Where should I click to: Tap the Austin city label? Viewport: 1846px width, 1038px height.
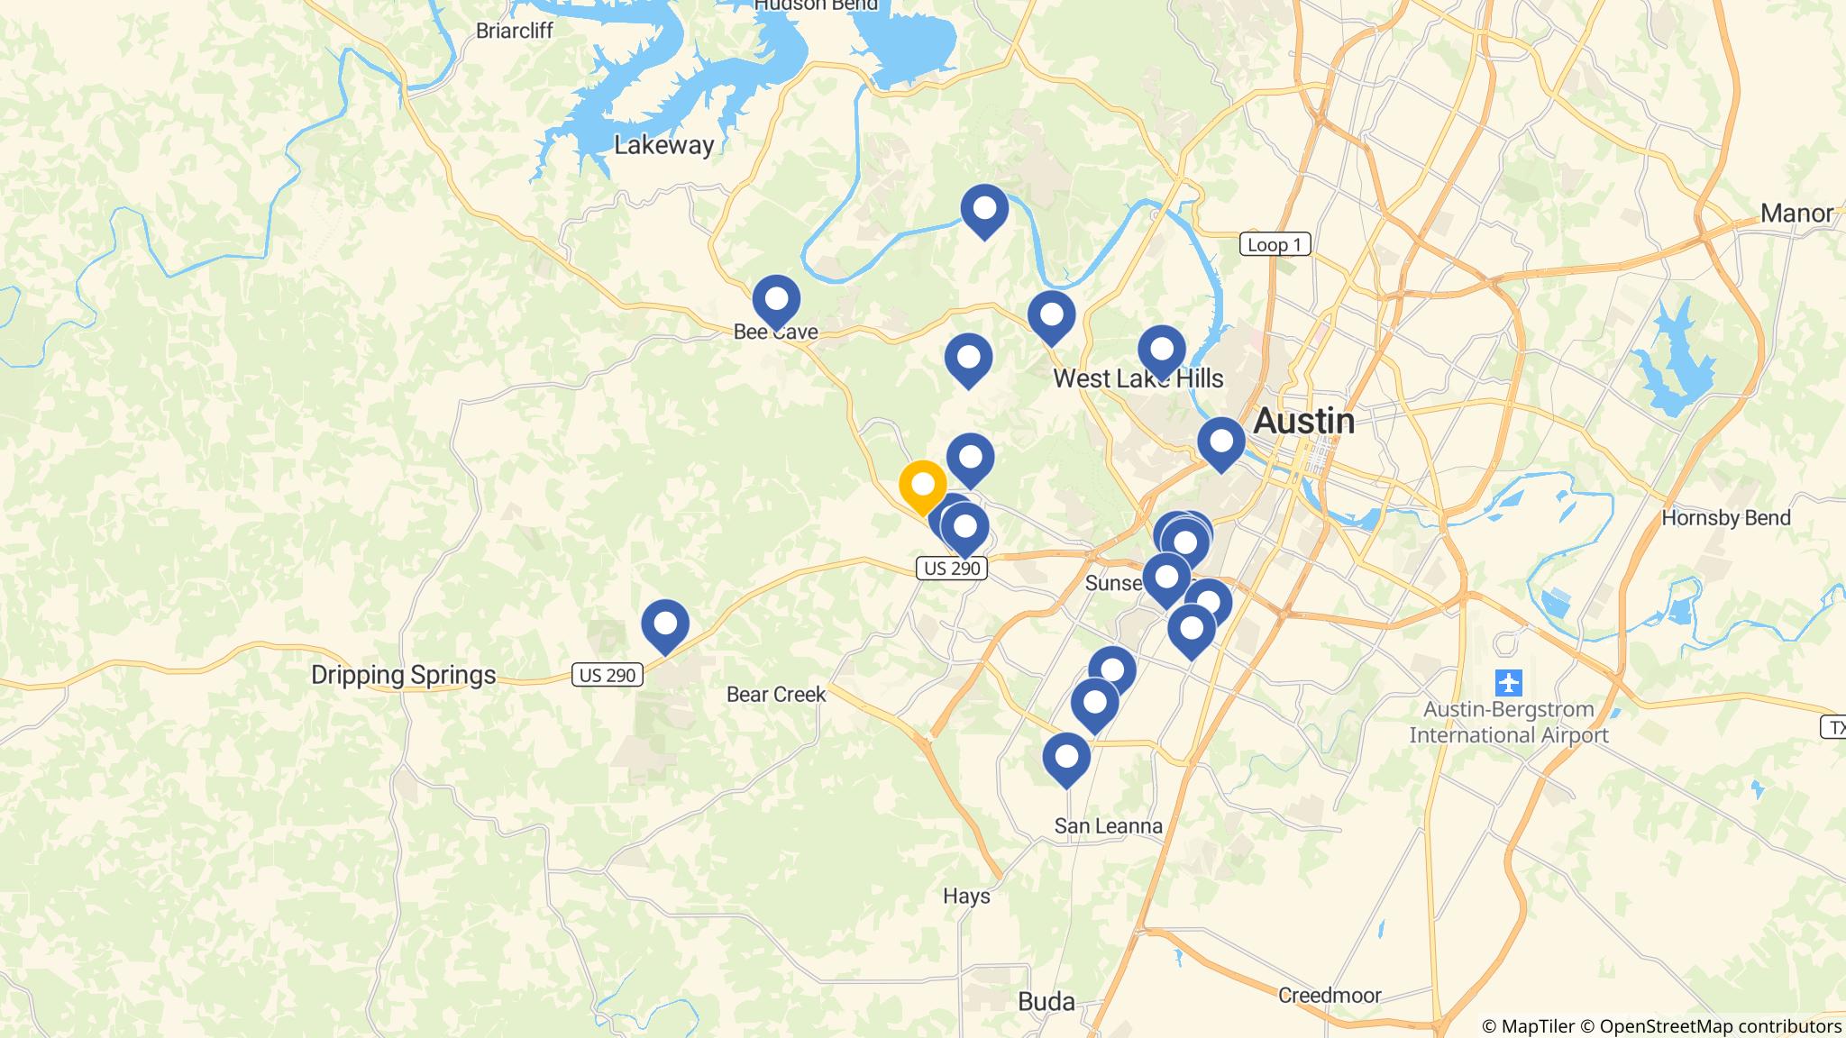[1304, 421]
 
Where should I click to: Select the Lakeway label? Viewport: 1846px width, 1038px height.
[664, 145]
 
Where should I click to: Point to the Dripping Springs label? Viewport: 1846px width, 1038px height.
[403, 675]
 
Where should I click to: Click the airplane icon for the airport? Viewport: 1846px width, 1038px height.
[1508, 682]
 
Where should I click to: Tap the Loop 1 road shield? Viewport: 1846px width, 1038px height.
[1275, 244]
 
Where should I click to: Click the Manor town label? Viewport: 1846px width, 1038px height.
[1796, 214]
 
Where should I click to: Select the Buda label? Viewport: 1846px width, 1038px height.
[1046, 1001]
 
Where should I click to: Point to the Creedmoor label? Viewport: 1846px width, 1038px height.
[1330, 996]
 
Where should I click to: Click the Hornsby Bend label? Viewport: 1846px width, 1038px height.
[1725, 518]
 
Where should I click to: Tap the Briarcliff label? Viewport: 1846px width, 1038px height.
[514, 31]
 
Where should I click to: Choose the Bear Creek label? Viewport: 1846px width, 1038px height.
[776, 694]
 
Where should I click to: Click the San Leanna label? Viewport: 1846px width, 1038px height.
[1109, 826]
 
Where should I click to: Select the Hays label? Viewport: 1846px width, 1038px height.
[966, 896]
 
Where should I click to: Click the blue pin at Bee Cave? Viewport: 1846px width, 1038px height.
[776, 298]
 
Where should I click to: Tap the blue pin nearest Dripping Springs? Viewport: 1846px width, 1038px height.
[665, 623]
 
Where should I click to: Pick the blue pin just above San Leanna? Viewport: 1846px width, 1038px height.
[1066, 756]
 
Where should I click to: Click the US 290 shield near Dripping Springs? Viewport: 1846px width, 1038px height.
[608, 675]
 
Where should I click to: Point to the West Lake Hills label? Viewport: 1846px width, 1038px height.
[1138, 378]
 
